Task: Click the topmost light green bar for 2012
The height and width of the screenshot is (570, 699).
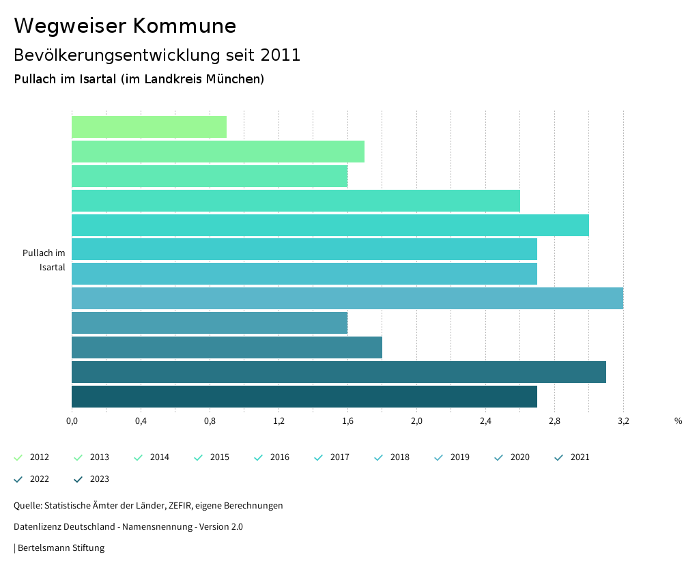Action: pos(149,127)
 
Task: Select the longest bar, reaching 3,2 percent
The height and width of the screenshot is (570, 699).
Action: pos(347,298)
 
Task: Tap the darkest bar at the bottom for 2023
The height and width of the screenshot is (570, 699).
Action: pos(304,397)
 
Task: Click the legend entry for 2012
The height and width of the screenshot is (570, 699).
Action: pos(32,457)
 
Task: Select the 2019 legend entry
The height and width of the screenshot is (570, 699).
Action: pos(453,457)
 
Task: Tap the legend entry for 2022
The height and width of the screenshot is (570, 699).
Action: pos(32,479)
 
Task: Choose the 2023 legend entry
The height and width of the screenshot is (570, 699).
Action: pos(92,479)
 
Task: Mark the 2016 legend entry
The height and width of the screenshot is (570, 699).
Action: pos(272,457)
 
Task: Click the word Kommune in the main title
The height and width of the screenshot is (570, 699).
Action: pos(184,26)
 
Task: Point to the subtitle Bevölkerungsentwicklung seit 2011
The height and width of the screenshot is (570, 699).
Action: pos(157,55)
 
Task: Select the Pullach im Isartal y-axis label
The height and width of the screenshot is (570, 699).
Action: pos(44,260)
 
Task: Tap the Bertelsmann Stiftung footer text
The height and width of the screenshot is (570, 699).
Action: pos(60,547)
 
